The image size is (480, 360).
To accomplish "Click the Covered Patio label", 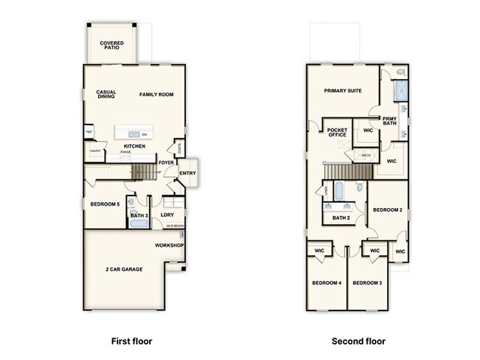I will [112, 46].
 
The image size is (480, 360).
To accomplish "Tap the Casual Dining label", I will [106, 94].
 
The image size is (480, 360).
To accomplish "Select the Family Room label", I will [157, 94].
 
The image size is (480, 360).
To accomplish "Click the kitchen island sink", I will [132, 134].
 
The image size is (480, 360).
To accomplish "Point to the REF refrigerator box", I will [89, 133].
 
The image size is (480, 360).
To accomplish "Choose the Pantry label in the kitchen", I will [95, 151].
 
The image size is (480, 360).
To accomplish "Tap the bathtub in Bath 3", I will [138, 222].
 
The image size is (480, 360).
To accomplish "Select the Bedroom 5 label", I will [104, 204].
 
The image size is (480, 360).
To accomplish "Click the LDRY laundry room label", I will [168, 215].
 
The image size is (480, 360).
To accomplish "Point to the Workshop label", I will [169, 245].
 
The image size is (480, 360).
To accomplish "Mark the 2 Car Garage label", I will [124, 269].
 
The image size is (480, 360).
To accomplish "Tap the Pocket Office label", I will [337, 132].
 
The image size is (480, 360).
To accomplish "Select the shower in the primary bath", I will [400, 91].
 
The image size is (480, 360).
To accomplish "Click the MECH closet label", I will [366, 156].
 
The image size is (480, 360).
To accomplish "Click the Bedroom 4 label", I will [326, 283].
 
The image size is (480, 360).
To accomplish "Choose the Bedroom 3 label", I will [366, 283].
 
